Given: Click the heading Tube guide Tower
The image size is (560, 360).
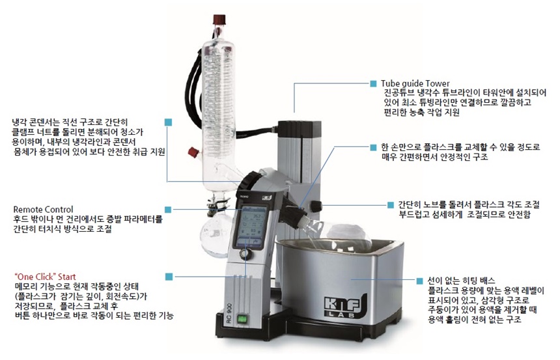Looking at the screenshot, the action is pos(415,83).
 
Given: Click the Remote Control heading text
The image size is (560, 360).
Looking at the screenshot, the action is pos(43,209).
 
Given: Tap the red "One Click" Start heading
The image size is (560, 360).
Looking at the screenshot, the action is pos(46,277).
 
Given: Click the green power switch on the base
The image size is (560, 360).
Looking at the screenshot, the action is pos(243,319).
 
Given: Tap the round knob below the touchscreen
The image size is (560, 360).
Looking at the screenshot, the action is pos(245,255).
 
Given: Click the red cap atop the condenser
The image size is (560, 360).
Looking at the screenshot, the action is pos(219,19).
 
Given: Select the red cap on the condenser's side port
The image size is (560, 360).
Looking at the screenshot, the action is pos(193,152).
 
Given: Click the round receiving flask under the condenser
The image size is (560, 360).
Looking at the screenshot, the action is pos(216,238).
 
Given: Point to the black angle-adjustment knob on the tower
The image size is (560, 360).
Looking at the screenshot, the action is pos(316,206).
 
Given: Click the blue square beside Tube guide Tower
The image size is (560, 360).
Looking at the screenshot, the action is pos(373,83).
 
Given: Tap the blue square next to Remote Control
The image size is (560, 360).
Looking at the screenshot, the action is pos(168,210).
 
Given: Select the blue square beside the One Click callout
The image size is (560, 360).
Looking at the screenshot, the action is pos(169,277).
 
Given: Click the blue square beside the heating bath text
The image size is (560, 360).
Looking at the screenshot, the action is pos(419,281).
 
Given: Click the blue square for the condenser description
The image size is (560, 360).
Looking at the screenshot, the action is pos(168,122).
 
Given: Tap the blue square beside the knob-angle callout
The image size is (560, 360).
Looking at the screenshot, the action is pos(391,205).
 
